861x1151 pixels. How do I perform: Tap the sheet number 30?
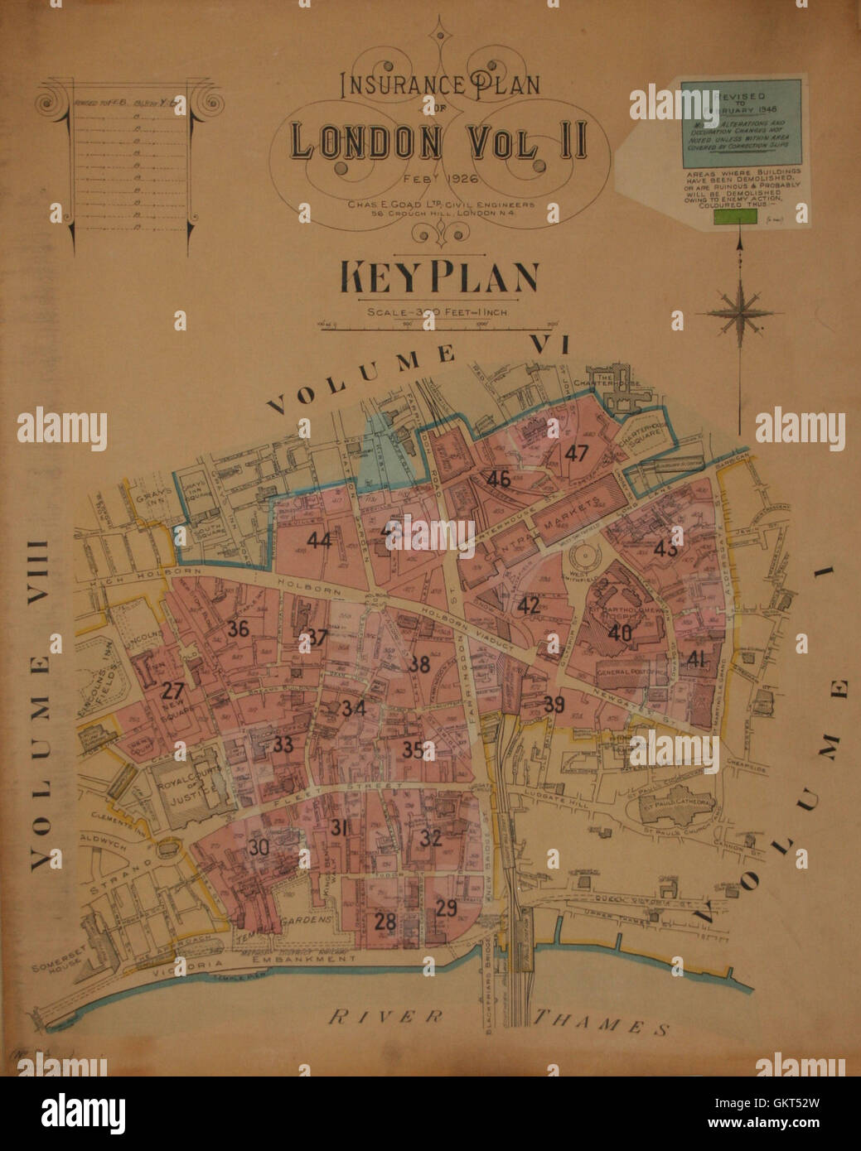pyautogui.click(x=259, y=847)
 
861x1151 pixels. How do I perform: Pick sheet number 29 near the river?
pyautogui.click(x=446, y=908)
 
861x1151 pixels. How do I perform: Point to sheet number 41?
pyautogui.click(x=696, y=659)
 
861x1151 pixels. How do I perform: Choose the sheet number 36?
pyautogui.click(x=238, y=628)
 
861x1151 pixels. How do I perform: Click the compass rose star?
pyautogui.click(x=739, y=313)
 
